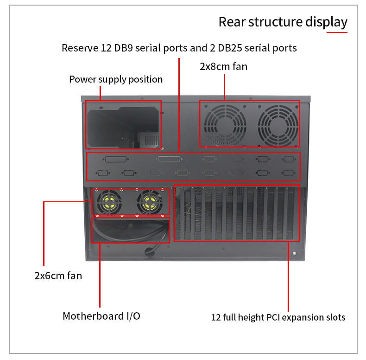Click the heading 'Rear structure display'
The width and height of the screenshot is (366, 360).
(x=283, y=22)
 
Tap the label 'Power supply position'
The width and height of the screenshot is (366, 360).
(x=116, y=79)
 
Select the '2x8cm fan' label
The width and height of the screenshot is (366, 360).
(x=223, y=66)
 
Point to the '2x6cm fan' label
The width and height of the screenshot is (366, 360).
(x=58, y=276)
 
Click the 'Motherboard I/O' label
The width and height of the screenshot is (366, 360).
(x=101, y=316)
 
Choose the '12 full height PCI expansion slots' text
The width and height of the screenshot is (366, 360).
(x=278, y=318)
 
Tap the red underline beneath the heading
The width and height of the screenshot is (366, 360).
(x=337, y=32)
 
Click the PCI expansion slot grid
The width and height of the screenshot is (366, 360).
(x=236, y=213)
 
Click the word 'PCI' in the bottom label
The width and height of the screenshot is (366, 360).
(x=273, y=318)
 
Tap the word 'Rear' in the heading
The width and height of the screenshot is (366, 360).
(x=232, y=22)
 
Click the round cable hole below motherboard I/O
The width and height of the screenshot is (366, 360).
(x=149, y=251)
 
